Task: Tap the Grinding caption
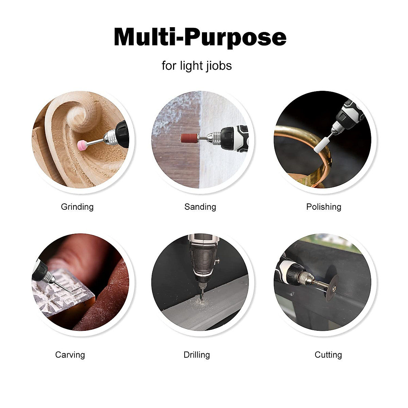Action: click(x=77, y=207)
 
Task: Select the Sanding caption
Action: click(x=200, y=207)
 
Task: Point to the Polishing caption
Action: click(x=324, y=207)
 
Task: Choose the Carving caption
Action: click(x=70, y=355)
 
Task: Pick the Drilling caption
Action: click(x=197, y=355)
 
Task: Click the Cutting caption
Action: click(x=328, y=355)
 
